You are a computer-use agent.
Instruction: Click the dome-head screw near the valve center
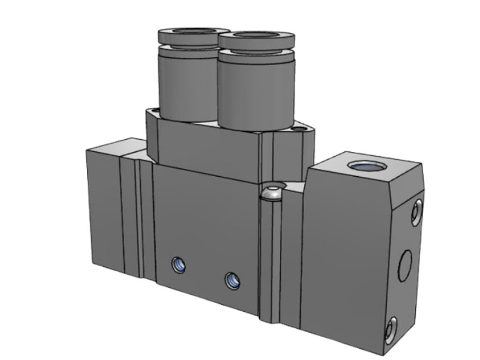(x=271, y=193)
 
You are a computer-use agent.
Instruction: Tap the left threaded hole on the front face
(x=179, y=265)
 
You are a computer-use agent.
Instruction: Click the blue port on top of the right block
(x=363, y=166)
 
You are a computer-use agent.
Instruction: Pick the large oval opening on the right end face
(x=405, y=265)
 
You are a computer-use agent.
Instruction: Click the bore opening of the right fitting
(x=257, y=34)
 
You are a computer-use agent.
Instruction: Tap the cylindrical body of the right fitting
(x=255, y=91)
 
